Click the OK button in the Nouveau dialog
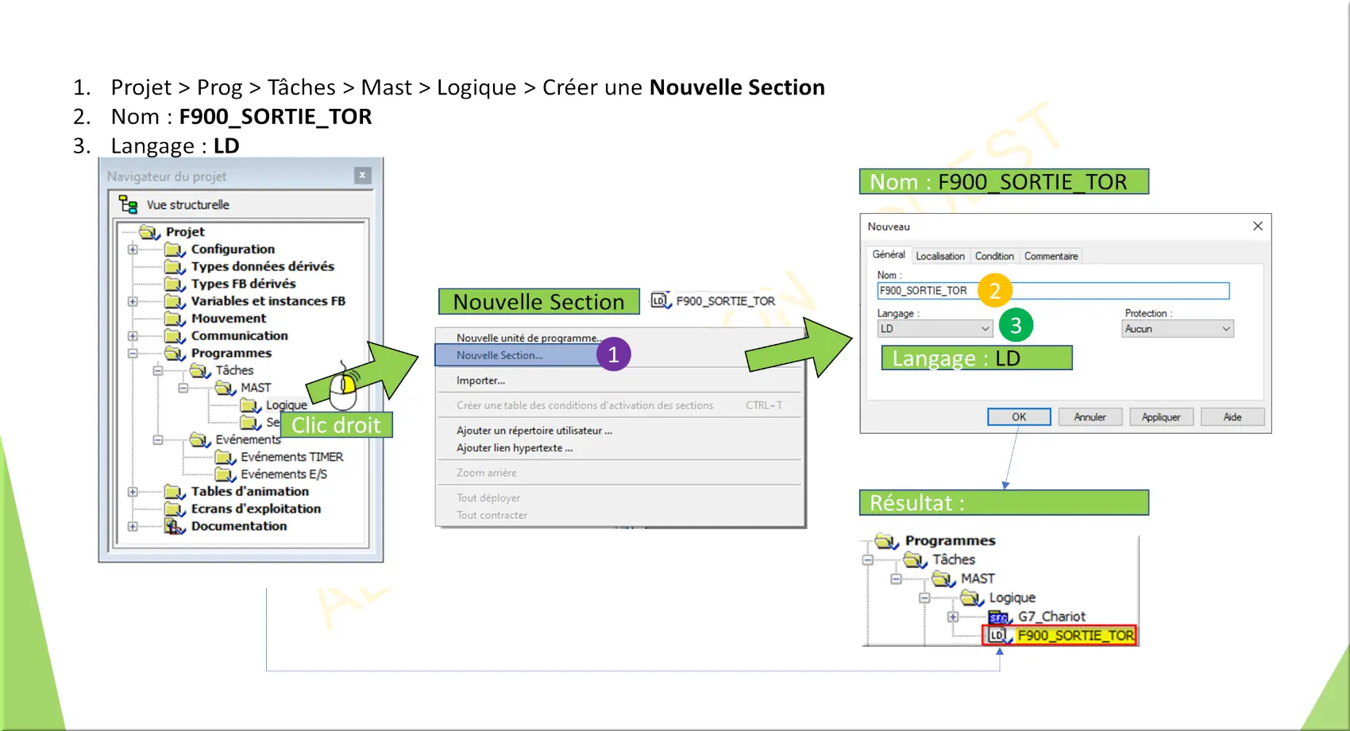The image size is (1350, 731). click(1019, 417)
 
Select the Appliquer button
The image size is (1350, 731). click(1161, 417)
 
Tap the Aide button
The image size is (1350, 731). click(1232, 417)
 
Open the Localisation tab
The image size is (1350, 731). click(940, 256)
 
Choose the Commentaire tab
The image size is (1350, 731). click(1051, 256)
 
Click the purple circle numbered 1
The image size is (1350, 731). click(614, 354)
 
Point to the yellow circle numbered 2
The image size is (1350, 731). click(994, 291)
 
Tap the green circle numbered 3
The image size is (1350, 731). click(1016, 325)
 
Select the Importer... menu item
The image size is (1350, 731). click(480, 381)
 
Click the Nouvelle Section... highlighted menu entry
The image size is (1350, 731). click(499, 355)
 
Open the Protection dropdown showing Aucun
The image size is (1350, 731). click(1177, 329)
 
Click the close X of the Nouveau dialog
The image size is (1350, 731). click(1257, 226)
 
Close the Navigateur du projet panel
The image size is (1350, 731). click(362, 176)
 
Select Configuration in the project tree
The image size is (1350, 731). click(233, 249)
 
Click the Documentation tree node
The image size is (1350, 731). click(239, 526)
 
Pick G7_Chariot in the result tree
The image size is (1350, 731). click(1051, 617)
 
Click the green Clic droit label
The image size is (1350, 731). click(336, 425)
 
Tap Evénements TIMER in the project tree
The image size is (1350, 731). click(291, 457)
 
